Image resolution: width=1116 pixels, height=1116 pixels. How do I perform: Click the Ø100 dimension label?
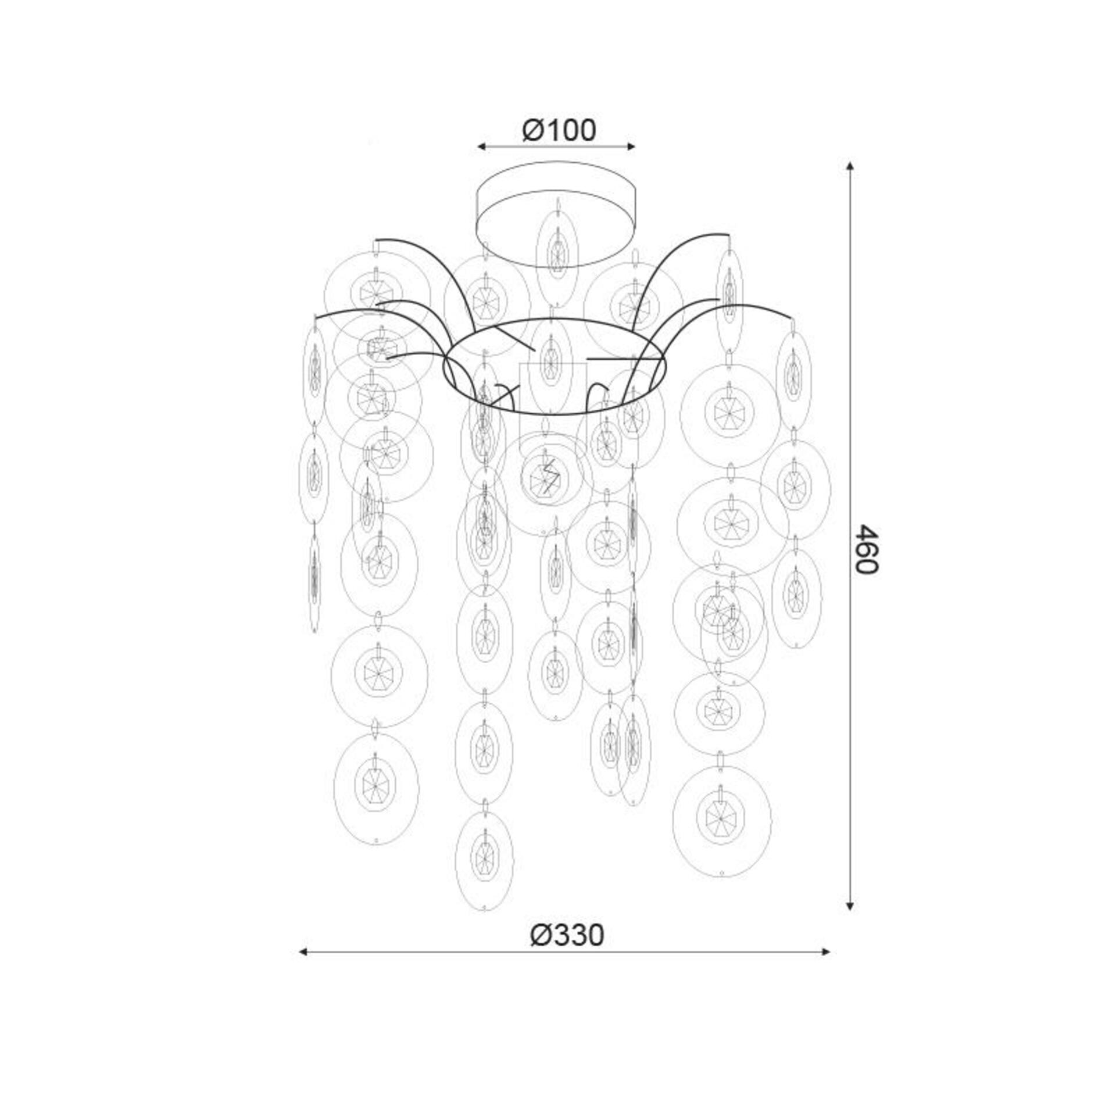(559, 130)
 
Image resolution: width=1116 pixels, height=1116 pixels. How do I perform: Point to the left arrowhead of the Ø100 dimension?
(481, 146)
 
